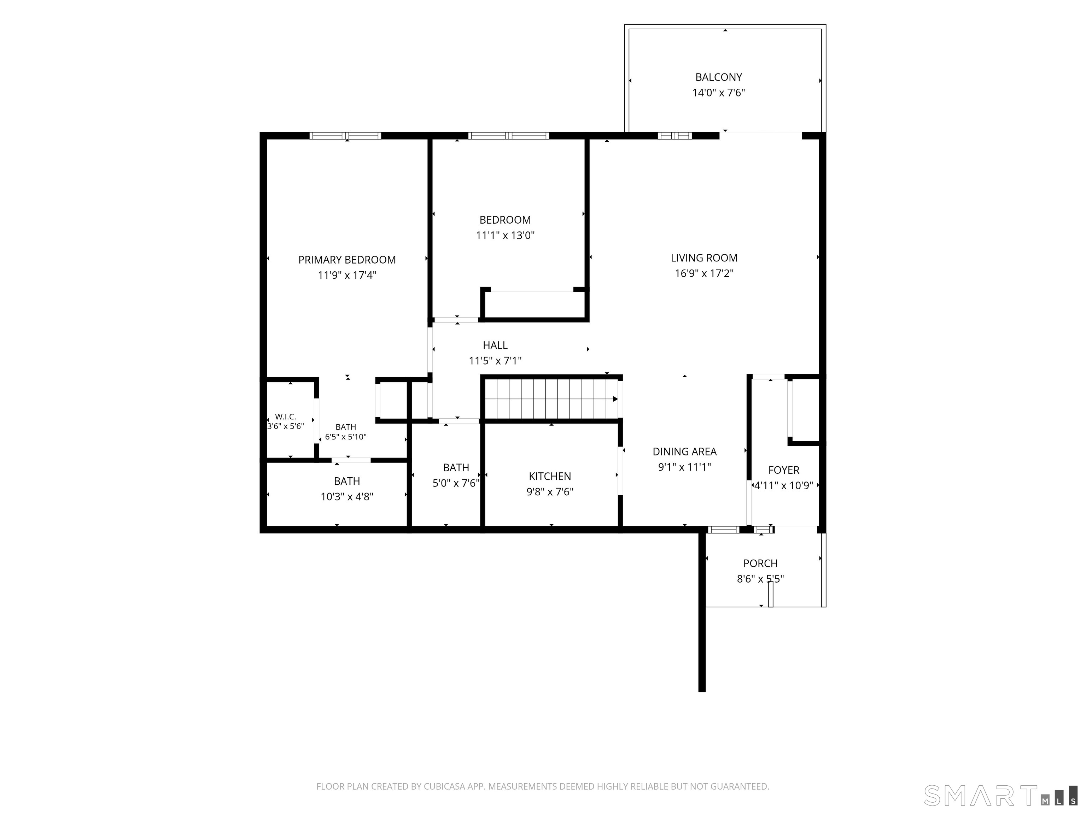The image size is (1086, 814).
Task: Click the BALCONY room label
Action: (718, 77)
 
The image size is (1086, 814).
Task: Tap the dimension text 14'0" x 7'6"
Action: (718, 93)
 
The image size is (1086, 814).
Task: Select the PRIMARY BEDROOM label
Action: (346, 260)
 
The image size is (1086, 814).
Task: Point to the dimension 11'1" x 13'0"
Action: (505, 236)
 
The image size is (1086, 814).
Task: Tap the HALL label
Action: (495, 346)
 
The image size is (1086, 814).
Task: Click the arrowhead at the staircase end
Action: (615, 399)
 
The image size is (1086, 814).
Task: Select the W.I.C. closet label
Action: (285, 417)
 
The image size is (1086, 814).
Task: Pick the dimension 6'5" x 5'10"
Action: (346, 437)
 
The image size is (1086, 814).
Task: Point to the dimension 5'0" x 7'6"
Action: (456, 483)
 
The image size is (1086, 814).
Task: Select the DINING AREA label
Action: (684, 452)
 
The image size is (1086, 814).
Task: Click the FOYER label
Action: (784, 470)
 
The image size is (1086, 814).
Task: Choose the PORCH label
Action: (760, 563)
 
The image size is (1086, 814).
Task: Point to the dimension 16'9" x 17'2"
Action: (704, 273)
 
